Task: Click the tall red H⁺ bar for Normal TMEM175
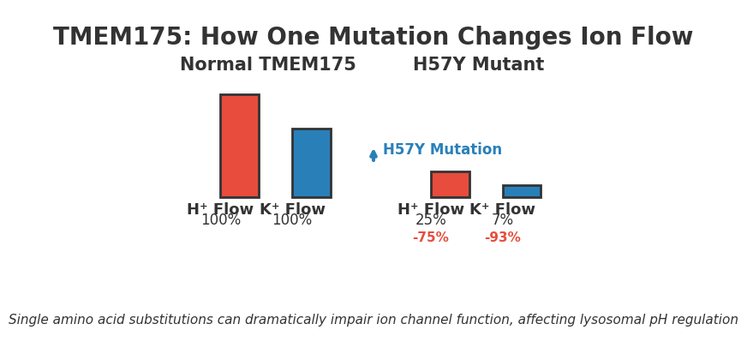point(240,146)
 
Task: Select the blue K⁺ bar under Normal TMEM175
point(311,163)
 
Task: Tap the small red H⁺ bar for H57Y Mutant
point(450,184)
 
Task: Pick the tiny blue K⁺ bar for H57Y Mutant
point(522,191)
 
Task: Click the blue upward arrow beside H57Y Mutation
point(373,155)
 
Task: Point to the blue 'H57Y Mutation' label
point(442,150)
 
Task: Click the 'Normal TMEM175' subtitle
point(267,65)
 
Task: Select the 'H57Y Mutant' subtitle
point(478,65)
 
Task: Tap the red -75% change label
point(431,237)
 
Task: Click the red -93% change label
point(503,237)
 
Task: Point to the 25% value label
point(431,220)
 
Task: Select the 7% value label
point(503,220)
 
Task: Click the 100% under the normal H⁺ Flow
point(221,220)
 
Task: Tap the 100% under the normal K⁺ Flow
point(292,220)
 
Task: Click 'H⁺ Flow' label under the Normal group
point(220,209)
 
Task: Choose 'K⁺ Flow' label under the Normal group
point(293,209)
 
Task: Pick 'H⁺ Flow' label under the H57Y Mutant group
point(431,209)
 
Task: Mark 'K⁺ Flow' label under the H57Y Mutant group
point(503,209)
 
